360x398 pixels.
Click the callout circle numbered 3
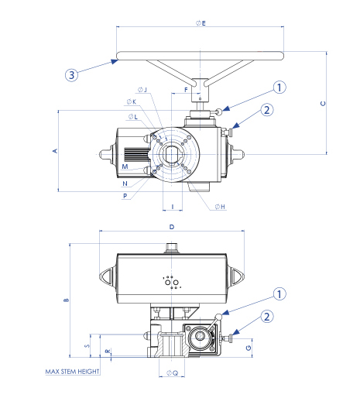[x=71, y=75]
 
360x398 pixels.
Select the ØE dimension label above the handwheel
[x=201, y=23]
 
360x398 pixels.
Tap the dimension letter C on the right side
[x=323, y=104]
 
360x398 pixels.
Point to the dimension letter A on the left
[x=55, y=151]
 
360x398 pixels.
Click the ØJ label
[x=142, y=90]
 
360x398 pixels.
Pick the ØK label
[x=132, y=101]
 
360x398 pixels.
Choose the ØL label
[x=133, y=117]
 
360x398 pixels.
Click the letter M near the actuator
[x=125, y=166]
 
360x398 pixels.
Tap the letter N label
[x=125, y=184]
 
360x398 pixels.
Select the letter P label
[x=125, y=196]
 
